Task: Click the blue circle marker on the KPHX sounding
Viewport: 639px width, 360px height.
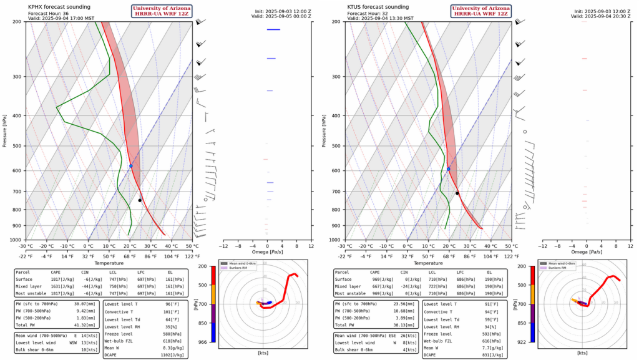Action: (x=131, y=166)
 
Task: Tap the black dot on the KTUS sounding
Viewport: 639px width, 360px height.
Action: (x=457, y=193)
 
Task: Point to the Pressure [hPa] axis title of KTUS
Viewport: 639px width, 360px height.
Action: (x=324, y=130)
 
